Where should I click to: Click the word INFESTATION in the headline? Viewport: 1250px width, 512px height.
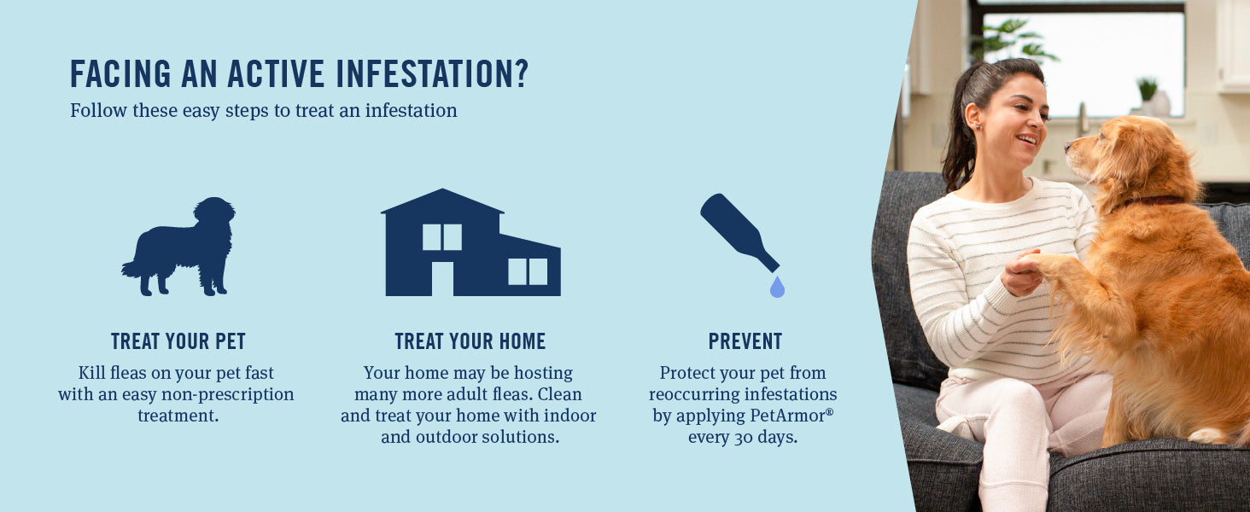coord(432,73)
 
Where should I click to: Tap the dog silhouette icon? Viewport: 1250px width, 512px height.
coord(178,246)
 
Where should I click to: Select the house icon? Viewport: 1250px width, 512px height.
coord(470,242)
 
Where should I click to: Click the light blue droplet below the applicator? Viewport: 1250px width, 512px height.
coord(777,287)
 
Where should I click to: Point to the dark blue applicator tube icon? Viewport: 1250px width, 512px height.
coord(739,232)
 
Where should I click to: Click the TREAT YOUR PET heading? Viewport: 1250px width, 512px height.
coord(178,341)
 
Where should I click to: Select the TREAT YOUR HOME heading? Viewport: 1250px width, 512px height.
coord(470,341)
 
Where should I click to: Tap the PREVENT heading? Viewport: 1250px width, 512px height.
coord(745,341)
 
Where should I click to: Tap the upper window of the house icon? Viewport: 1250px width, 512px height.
coord(442,237)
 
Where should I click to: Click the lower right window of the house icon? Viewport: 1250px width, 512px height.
coord(528,271)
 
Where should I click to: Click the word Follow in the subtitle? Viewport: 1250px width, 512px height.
coord(99,110)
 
